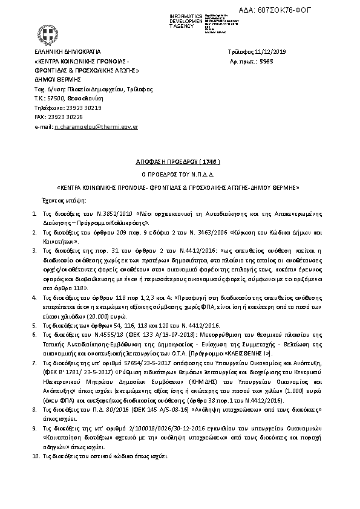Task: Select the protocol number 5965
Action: tap(267, 62)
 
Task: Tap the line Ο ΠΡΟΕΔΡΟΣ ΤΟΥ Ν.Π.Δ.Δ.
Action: tap(180, 175)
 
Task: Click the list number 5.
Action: tap(34, 325)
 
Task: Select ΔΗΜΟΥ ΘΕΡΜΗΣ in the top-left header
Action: tap(58, 79)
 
